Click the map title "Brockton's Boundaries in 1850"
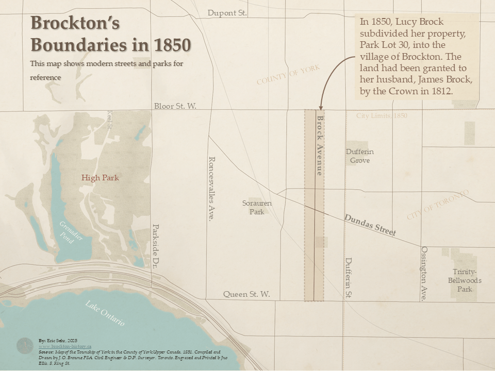point(110,34)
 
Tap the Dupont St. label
point(227,13)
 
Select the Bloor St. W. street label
point(175,106)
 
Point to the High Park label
point(100,178)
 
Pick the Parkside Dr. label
point(155,247)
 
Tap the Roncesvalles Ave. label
point(210,189)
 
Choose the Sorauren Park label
point(257,207)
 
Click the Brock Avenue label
point(320,146)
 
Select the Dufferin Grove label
point(360,156)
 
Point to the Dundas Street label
point(370,225)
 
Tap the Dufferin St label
point(349,278)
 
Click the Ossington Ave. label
point(424,273)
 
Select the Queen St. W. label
point(246,294)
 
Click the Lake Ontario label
point(105,313)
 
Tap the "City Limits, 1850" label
point(382,116)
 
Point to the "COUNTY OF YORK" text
point(288,75)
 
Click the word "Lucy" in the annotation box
point(407,22)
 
